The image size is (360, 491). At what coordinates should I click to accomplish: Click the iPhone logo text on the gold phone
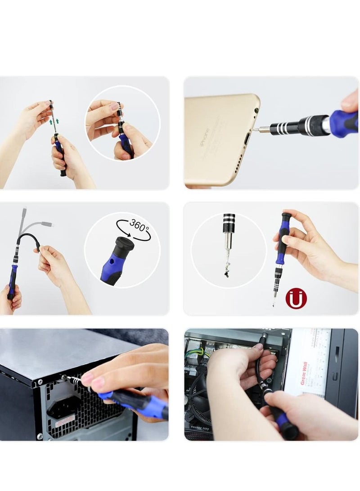pyautogui.click(x=203, y=135)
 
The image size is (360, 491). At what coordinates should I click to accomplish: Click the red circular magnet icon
pyautogui.click(x=294, y=299)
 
